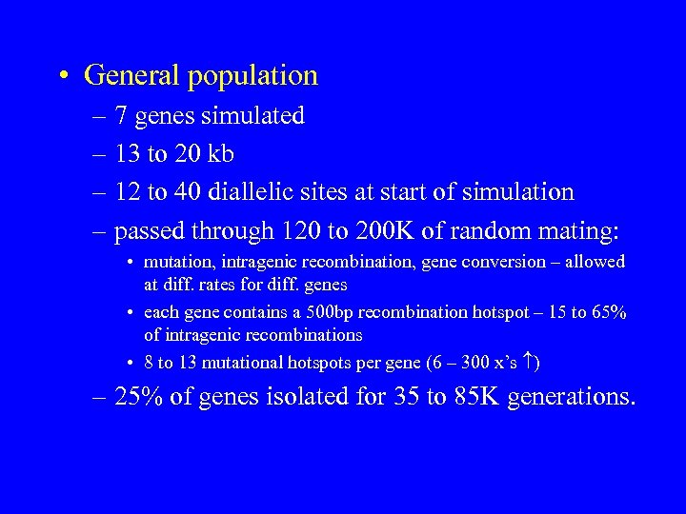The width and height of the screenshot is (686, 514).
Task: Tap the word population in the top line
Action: [259, 76]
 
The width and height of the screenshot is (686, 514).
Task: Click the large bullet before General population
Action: [61, 75]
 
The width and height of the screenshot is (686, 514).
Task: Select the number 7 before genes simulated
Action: [121, 116]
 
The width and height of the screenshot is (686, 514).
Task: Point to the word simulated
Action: [253, 116]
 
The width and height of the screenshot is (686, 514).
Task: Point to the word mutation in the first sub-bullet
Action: [177, 262]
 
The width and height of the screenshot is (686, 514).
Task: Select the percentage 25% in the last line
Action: [137, 396]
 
